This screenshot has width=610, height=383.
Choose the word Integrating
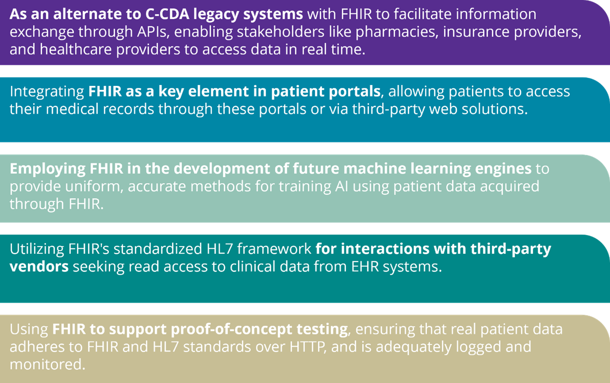47,92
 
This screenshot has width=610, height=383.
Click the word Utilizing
37,249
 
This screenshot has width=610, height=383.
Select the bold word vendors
39,266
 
